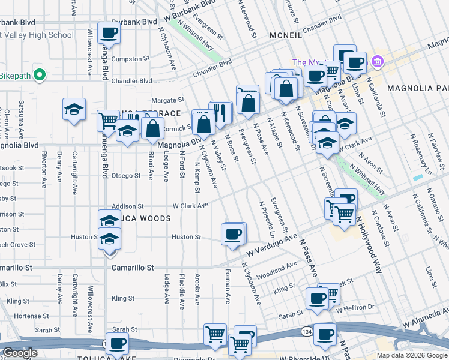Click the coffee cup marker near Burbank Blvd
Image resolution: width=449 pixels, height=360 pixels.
tap(109, 34)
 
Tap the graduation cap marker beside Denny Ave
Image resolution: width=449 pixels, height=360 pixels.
tap(74, 110)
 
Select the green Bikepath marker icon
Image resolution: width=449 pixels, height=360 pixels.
tap(40, 75)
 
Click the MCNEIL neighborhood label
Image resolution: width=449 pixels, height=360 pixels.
tap(286, 35)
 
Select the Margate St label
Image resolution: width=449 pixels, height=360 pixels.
tap(166, 100)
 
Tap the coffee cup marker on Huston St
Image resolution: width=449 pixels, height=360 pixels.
tap(233, 233)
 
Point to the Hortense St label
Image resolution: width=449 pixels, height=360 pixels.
tap(26, 316)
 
